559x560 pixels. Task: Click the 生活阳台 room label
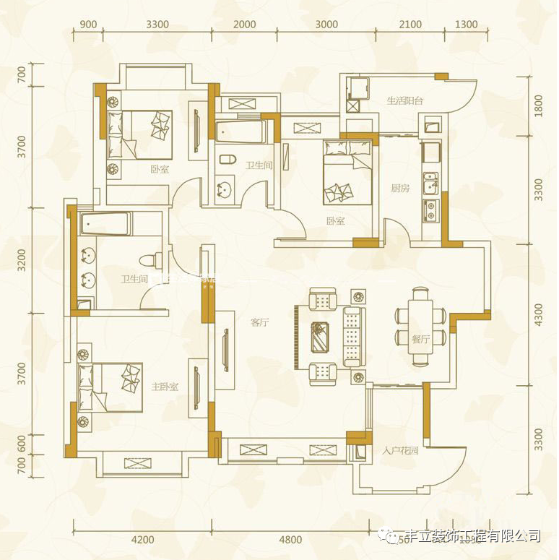pos(404,100)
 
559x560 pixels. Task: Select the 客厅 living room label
pos(260,323)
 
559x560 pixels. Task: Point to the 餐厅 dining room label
pos(420,338)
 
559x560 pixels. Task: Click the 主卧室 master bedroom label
pos(165,387)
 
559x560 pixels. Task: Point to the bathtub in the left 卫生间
pos(105,223)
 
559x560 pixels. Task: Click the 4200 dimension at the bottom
pos(143,539)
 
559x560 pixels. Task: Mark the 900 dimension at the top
pos(88,24)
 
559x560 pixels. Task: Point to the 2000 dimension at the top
pos(246,24)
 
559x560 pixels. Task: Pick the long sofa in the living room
pos(353,336)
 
